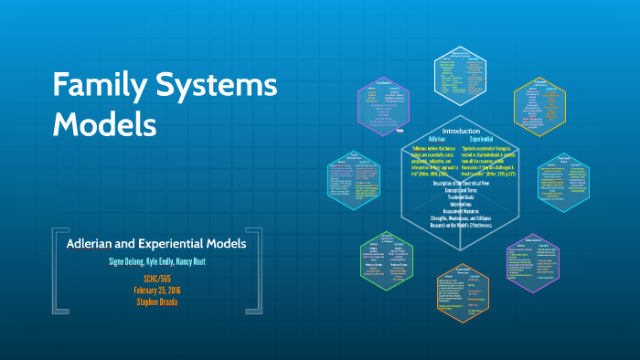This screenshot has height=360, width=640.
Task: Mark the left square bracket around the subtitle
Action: click(57, 273)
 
